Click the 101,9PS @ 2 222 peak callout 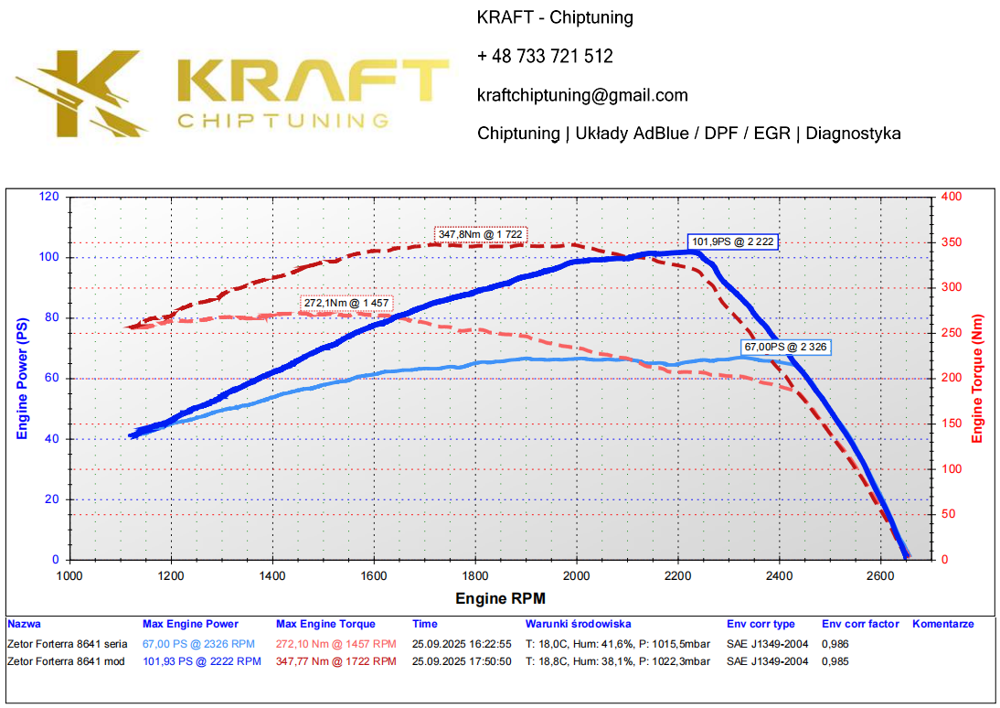[x=734, y=242]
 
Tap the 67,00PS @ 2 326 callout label [x=786, y=348]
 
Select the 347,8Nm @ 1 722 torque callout [x=481, y=235]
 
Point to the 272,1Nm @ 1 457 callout [x=346, y=302]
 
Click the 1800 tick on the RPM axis [x=474, y=576]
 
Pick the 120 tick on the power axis [x=50, y=197]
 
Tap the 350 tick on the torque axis [x=951, y=242]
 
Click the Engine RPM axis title [x=500, y=599]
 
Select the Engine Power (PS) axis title [x=23, y=379]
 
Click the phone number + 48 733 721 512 [x=545, y=57]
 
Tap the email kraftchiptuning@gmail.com [x=582, y=95]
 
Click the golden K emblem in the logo [x=83, y=92]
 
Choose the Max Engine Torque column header [x=325, y=625]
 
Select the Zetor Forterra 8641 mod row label [x=65, y=661]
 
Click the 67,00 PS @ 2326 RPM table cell [x=198, y=644]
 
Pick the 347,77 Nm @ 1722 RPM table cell [x=335, y=661]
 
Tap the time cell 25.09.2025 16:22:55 [x=462, y=644]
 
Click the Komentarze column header [x=942, y=625]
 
